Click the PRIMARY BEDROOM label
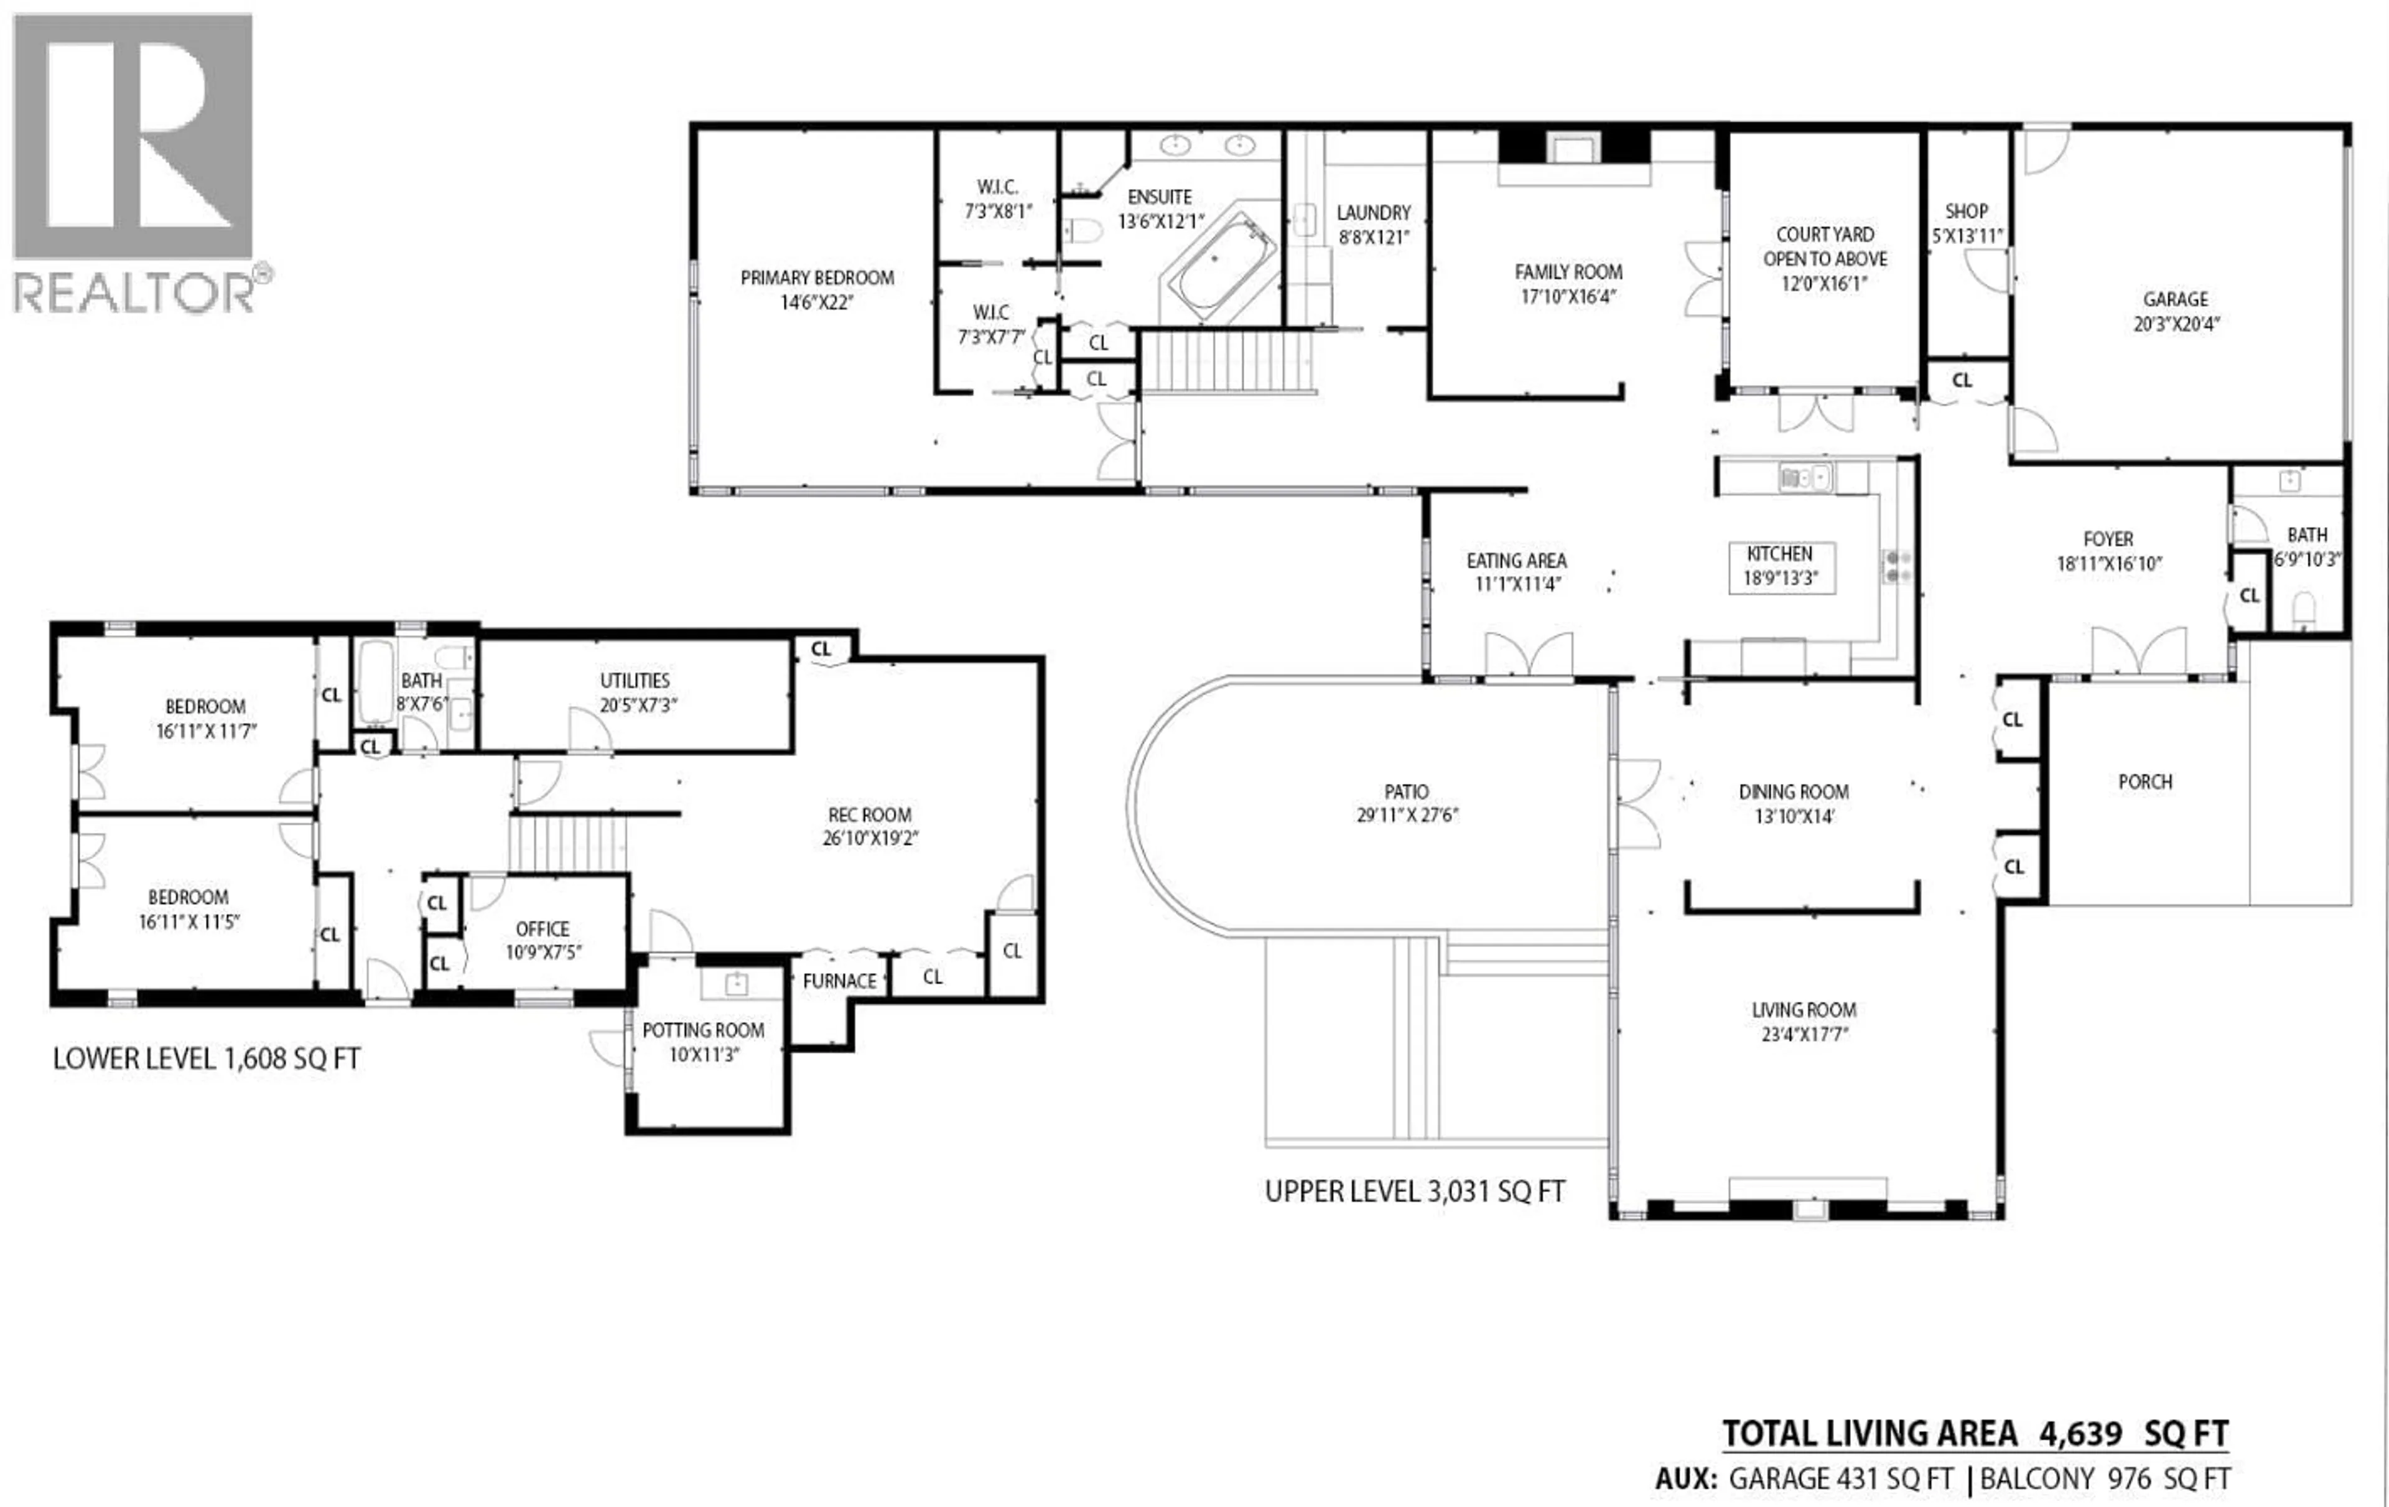(816, 278)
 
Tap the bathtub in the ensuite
(1219, 266)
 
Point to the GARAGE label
(2175, 299)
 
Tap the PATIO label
(1406, 791)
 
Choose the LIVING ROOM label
(1803, 1010)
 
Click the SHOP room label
(1965, 212)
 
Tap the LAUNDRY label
(1373, 212)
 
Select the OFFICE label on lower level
(542, 928)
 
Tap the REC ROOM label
(869, 814)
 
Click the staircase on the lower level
(569, 843)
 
